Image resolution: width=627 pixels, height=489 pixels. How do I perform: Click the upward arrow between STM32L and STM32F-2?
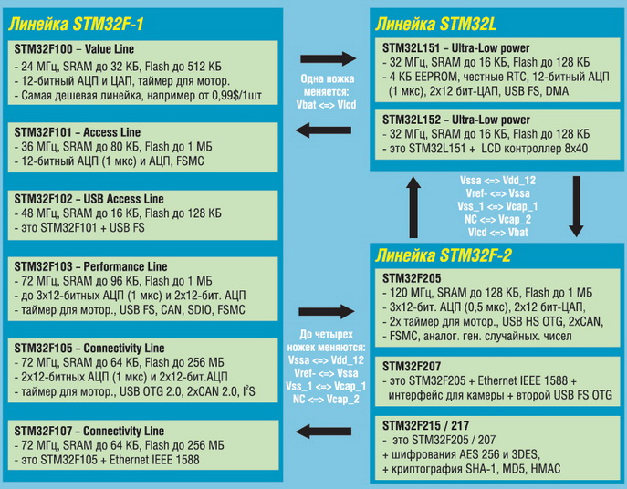(413, 199)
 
